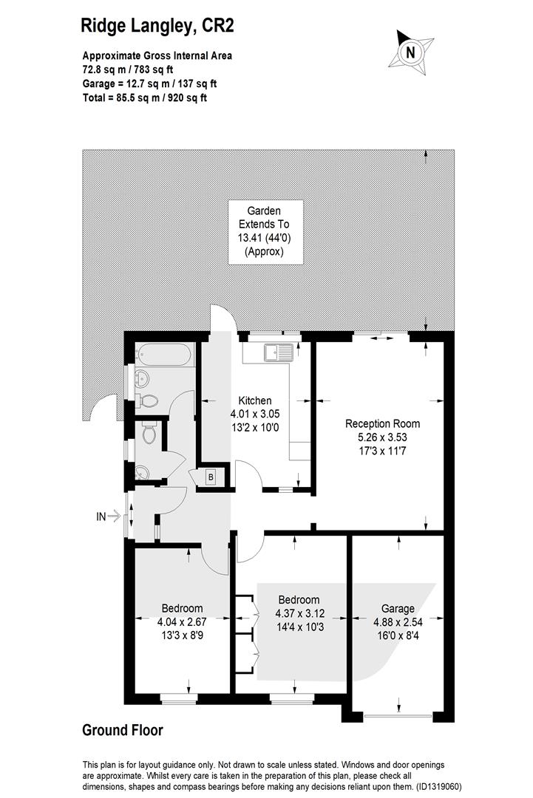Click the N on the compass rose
coord(410,52)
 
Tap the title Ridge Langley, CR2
coord(157,25)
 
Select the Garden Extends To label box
coord(265,231)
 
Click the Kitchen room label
coord(255,400)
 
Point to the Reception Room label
coord(382,423)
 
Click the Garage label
coord(398,608)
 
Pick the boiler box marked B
coord(210,477)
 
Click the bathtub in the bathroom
coord(164,354)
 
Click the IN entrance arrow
coord(109,516)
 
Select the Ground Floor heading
coord(123,730)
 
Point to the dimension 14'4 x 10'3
coord(300,627)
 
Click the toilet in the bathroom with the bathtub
coord(147,401)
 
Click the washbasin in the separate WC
coord(141,474)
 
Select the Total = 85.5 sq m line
coord(145,98)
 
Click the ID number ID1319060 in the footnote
coord(438,786)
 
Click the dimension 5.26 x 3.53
coord(383,437)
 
